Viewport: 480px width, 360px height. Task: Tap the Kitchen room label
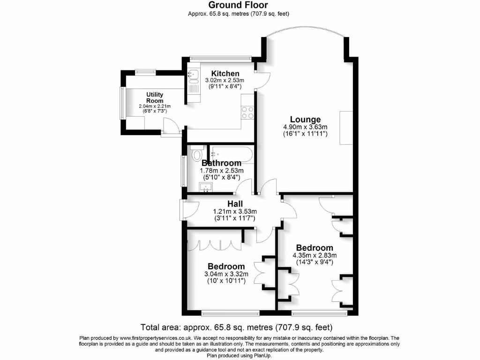pos(225,74)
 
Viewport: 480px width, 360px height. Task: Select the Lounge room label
pos(305,120)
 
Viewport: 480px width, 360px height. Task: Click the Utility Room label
pos(155,97)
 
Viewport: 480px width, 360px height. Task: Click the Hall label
pos(235,204)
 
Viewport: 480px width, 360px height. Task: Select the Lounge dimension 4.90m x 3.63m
pos(305,127)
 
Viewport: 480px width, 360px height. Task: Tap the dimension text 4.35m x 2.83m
pos(314,255)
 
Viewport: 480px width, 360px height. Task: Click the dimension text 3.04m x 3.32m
pos(226,274)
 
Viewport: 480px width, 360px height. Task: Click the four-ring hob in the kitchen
pos(247,112)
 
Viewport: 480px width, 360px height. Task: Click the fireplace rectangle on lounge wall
pos(346,128)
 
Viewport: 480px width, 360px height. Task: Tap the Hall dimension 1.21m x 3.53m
pos(235,211)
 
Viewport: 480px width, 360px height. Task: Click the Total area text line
pos(237,327)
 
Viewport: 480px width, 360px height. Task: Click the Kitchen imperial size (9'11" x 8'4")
pos(225,87)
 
